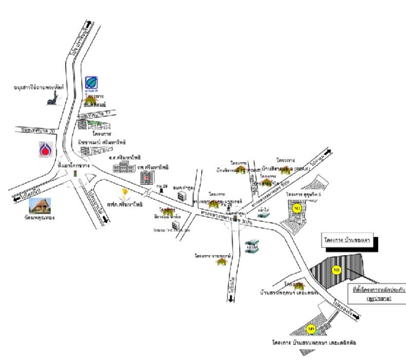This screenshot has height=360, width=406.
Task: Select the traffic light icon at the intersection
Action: tap(75, 174)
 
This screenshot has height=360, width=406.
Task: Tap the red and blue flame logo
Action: tap(45, 149)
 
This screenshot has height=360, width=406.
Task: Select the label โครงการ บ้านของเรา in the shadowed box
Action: tap(347, 240)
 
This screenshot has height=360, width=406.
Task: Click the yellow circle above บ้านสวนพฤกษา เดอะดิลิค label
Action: tap(311, 329)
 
